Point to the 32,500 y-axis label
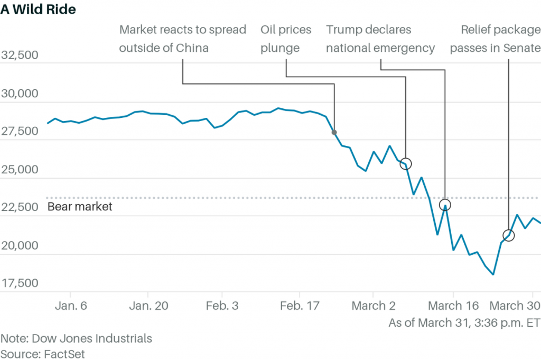20,56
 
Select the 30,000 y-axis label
20,94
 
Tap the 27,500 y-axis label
20,131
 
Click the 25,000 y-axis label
20,169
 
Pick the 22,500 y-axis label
20,207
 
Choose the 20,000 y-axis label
20,245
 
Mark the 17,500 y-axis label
20,283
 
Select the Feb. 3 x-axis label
222,306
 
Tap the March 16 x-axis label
453,306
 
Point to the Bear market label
80,207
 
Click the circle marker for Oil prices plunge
406,163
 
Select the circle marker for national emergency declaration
445,205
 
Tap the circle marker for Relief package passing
509,235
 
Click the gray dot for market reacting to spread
334,132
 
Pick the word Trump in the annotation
343,30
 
